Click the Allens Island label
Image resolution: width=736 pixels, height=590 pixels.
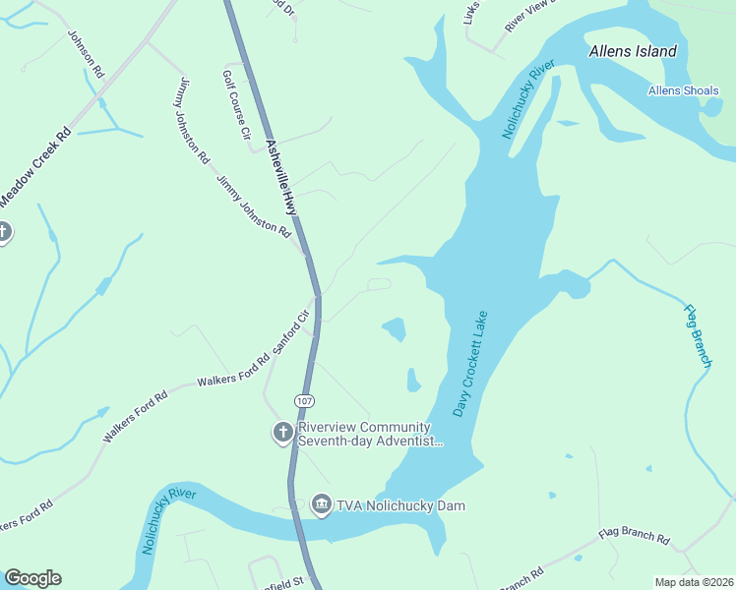click(633, 51)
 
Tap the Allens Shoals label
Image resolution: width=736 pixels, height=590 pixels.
click(683, 91)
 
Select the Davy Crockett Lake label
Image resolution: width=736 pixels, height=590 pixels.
click(470, 364)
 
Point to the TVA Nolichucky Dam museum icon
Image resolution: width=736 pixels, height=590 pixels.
click(321, 505)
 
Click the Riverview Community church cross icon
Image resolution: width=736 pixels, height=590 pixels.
click(282, 433)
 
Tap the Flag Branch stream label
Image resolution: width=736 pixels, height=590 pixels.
click(698, 335)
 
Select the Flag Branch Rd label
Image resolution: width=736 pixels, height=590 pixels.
click(635, 540)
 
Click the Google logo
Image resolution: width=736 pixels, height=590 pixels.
click(32, 578)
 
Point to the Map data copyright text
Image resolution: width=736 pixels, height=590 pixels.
click(694, 582)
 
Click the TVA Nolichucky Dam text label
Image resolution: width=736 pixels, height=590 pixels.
click(400, 505)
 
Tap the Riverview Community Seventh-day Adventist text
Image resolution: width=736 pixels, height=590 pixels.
click(365, 435)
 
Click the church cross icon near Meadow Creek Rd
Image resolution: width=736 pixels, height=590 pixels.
click(3, 232)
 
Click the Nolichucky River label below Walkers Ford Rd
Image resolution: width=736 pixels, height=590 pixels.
click(168, 518)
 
